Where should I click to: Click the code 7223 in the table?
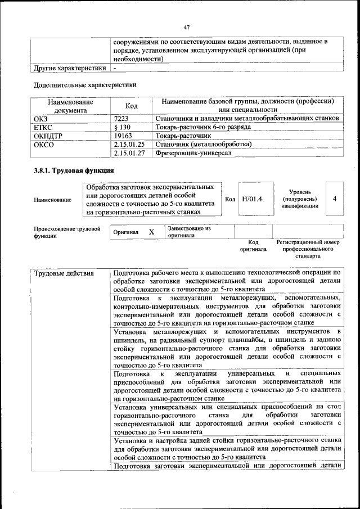[121, 119]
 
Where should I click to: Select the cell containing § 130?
[122, 127]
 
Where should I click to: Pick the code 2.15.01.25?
[129, 144]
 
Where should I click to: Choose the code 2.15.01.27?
[129, 152]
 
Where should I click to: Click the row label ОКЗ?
[42, 119]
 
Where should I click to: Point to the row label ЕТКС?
[44, 127]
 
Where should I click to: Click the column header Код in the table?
[131, 106]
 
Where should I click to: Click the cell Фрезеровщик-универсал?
[193, 152]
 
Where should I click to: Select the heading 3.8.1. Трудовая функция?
[74, 170]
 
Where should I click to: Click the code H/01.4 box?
[252, 199]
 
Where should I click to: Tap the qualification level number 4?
[334, 199]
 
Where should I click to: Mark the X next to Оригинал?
[151, 232]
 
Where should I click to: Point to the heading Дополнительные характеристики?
[85, 85]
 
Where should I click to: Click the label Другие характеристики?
[69, 68]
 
